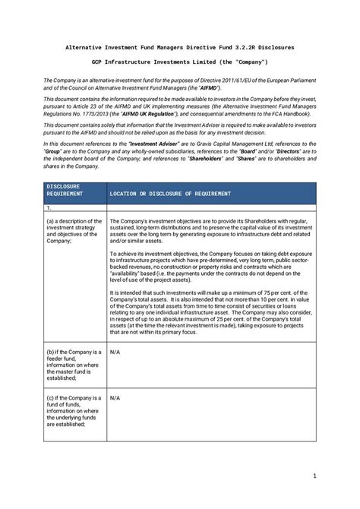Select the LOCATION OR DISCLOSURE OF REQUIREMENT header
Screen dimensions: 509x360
(x=170, y=194)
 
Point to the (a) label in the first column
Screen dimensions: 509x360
(x=50, y=220)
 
